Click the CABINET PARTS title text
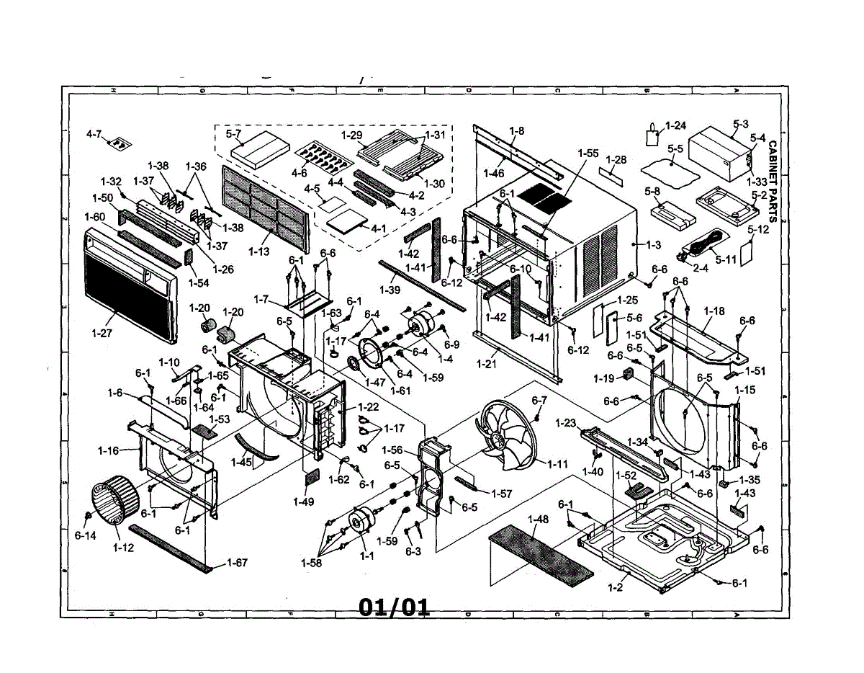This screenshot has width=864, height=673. (x=773, y=172)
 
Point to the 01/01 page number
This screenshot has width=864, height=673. (x=394, y=607)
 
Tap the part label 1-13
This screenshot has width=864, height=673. (x=259, y=251)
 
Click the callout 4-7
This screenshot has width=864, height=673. (x=94, y=134)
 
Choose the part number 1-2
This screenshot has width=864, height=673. (x=614, y=588)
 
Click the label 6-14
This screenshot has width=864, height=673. (x=84, y=536)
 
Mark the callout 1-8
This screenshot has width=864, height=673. (x=516, y=130)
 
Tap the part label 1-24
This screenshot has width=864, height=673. (x=676, y=125)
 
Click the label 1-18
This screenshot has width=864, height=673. (x=714, y=311)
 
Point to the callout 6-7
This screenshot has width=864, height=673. (x=539, y=400)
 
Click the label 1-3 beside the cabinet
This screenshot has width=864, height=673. (x=653, y=245)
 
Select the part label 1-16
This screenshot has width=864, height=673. (x=108, y=450)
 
